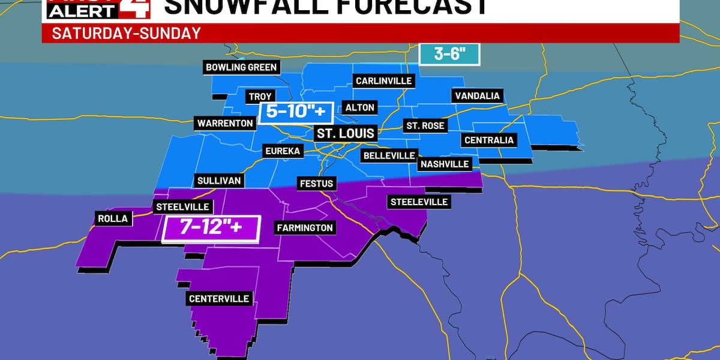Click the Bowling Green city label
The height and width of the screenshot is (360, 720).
(241, 67)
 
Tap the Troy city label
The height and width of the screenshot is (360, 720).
(260, 96)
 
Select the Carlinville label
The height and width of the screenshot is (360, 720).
(384, 80)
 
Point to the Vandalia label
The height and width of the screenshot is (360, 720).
(477, 96)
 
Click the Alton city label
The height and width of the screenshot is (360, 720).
(360, 107)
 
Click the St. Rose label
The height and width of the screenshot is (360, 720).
(425, 126)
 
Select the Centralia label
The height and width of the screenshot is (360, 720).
(489, 140)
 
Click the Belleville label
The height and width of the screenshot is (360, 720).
(389, 155)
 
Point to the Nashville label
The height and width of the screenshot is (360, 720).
(445, 164)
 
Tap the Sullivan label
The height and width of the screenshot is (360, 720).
(219, 180)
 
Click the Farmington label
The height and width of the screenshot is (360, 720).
(305, 227)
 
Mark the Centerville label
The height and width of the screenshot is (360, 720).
(219, 299)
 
